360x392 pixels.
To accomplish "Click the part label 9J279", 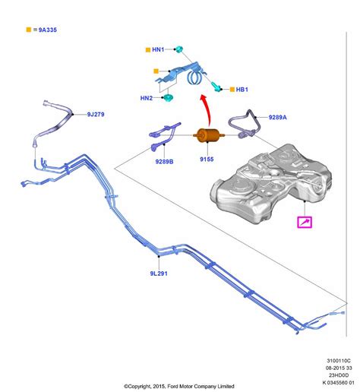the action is (96, 115).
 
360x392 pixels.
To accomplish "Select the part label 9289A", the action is (278, 117).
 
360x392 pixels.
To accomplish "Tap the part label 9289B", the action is (164, 162).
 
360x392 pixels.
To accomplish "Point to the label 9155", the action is (207, 160).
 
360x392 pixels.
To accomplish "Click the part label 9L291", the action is (159, 273).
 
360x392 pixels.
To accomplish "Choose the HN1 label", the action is (158, 49).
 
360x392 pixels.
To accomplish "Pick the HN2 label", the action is (147, 98).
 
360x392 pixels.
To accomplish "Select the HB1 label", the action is (242, 90).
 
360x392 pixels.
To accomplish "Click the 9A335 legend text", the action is (48, 30).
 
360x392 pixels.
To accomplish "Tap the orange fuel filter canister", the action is (208, 135).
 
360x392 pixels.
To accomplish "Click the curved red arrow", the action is (207, 109).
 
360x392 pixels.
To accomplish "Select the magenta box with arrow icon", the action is (305, 223).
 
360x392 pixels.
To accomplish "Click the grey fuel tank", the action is (271, 184).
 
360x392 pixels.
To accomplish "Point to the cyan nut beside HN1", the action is (179, 49).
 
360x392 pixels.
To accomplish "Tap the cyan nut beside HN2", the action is (167, 98).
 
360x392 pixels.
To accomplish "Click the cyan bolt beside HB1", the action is (216, 87).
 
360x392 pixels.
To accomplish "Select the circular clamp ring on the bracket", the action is (194, 77).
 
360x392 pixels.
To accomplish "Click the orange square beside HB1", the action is (232, 90).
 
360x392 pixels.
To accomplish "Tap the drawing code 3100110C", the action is (339, 361).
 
